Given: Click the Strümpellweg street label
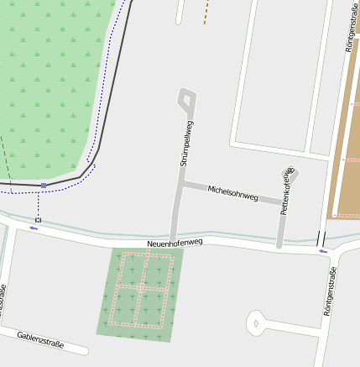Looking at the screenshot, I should pos(187,144).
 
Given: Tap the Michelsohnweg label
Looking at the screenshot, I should pos(232,192).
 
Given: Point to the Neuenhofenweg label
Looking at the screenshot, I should pos(175,243).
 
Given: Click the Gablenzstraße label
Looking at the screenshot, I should pos(40,339).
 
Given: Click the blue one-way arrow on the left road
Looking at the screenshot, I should pos(34,228).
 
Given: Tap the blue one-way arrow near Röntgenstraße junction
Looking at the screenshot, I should pos(323,250).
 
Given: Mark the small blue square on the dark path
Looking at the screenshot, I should pos(44,185).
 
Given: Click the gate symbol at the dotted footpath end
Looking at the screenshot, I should pos(38,220).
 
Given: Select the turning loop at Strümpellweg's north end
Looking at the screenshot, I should pos(187,100).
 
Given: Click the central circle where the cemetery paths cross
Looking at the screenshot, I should pos(142,288).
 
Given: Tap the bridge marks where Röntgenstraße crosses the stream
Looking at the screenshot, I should pos(321,238).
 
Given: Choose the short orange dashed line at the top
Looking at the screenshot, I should pos(206,12).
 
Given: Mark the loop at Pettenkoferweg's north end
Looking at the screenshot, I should pos(291,175).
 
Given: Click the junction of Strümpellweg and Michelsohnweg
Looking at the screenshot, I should pos(181,183).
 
